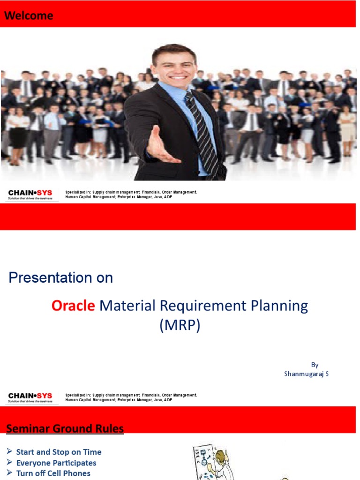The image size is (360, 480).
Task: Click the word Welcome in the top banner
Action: pyautogui.click(x=29, y=16)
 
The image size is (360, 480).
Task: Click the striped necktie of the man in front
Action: pyautogui.click(x=202, y=131)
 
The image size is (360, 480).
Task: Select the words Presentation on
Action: pyautogui.click(x=60, y=277)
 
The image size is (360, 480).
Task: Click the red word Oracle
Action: pyautogui.click(x=73, y=306)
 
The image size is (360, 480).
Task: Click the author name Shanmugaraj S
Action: pyautogui.click(x=306, y=374)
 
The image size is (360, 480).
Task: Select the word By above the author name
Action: pyautogui.click(x=315, y=365)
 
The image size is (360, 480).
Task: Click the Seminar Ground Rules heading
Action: pyautogui.click(x=65, y=428)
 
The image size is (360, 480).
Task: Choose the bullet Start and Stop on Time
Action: pyautogui.click(x=59, y=452)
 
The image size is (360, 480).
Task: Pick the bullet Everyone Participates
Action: pyautogui.click(x=56, y=463)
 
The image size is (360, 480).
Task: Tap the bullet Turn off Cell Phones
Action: pyautogui.click(x=53, y=473)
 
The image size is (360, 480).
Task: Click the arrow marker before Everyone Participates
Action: pyautogui.click(x=9, y=463)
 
